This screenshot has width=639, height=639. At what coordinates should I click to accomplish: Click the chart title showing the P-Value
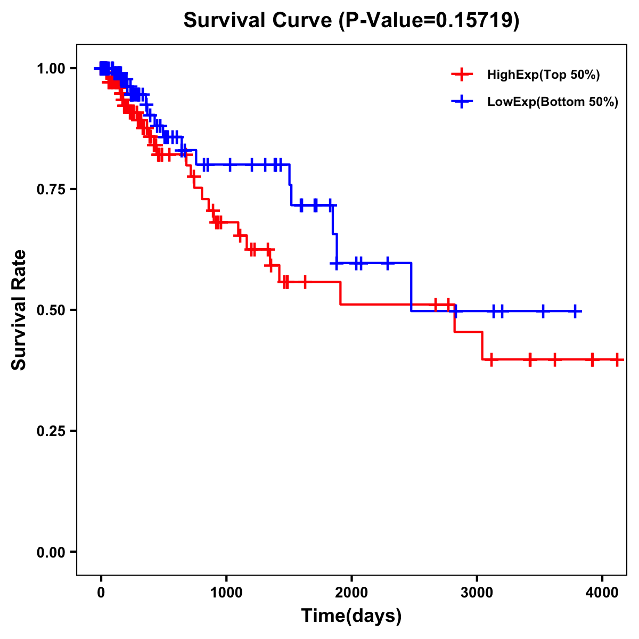click(x=351, y=20)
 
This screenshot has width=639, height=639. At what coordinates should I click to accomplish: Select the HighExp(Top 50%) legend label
click(x=544, y=75)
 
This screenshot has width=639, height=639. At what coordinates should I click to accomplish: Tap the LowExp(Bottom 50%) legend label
click(x=553, y=102)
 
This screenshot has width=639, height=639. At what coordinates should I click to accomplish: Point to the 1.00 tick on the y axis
click(x=51, y=68)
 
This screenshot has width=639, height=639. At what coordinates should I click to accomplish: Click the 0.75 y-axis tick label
click(x=51, y=189)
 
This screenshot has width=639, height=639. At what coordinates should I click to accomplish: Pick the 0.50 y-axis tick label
click(x=51, y=310)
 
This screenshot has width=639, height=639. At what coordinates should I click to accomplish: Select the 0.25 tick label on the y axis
click(x=51, y=431)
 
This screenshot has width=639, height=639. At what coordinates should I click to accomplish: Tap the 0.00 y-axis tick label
click(x=51, y=552)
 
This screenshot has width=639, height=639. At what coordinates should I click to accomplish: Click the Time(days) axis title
click(x=351, y=616)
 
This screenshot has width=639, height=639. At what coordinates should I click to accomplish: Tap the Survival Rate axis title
click(x=19, y=310)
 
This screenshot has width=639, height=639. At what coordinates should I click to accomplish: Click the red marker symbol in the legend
click(x=462, y=75)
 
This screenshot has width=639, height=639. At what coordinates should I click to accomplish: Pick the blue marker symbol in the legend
click(x=462, y=102)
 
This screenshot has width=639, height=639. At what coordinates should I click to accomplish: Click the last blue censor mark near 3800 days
click(x=575, y=311)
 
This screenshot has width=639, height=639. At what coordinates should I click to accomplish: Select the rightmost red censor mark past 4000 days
click(x=617, y=359)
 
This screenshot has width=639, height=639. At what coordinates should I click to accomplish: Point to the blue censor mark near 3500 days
click(x=543, y=311)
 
